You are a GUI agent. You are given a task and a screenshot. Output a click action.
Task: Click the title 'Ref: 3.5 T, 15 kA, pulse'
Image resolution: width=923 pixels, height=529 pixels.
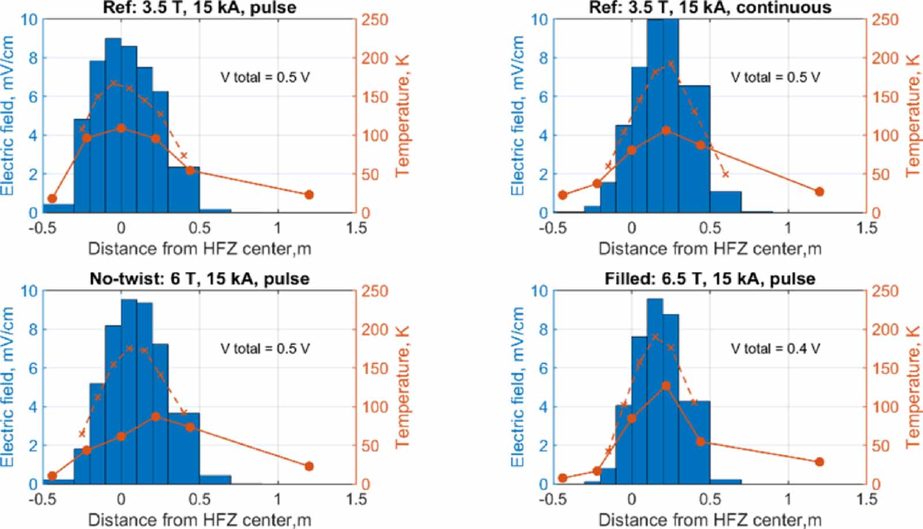(x=200, y=7)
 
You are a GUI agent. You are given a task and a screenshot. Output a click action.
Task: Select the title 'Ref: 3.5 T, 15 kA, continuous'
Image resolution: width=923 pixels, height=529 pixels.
(x=710, y=7)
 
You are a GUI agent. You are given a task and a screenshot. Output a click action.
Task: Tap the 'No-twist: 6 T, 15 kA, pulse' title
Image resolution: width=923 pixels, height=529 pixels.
(x=200, y=279)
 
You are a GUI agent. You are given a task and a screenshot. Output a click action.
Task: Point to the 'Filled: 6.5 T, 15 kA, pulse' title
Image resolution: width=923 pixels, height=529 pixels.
(x=710, y=279)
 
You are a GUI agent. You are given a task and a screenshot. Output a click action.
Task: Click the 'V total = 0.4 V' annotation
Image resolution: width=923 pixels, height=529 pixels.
(x=775, y=348)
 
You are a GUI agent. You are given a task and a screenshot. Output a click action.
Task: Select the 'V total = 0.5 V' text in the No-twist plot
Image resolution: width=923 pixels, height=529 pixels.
(x=265, y=348)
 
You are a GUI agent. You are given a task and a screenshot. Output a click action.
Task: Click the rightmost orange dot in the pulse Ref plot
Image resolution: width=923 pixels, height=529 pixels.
(x=309, y=195)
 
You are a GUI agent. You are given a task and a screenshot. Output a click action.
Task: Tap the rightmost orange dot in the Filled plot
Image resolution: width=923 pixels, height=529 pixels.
(x=819, y=462)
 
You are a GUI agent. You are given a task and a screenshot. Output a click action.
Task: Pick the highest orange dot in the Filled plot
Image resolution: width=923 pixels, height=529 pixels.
(x=666, y=386)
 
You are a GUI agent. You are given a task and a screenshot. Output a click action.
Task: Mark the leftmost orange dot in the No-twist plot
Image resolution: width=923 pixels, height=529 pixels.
(x=52, y=476)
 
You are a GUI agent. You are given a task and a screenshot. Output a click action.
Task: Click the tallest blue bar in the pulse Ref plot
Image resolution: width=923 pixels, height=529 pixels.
(x=113, y=125)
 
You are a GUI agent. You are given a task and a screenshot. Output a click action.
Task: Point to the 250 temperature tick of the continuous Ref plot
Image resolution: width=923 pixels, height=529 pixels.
(x=884, y=20)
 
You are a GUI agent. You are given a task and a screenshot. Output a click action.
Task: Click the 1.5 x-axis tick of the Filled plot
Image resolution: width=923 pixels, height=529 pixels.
(x=866, y=499)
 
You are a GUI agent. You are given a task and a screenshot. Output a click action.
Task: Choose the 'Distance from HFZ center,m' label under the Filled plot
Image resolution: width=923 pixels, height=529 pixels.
(x=710, y=520)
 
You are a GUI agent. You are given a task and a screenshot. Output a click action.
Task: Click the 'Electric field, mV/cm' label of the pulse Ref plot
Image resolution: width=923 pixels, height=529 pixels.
(x=8, y=115)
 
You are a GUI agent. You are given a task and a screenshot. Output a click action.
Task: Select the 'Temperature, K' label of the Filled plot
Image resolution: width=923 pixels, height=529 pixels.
(x=914, y=387)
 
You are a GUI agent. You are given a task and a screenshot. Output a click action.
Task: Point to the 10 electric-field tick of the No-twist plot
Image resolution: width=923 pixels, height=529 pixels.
(x=29, y=291)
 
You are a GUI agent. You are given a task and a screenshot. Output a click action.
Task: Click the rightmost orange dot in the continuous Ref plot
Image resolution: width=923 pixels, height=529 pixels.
(x=819, y=192)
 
